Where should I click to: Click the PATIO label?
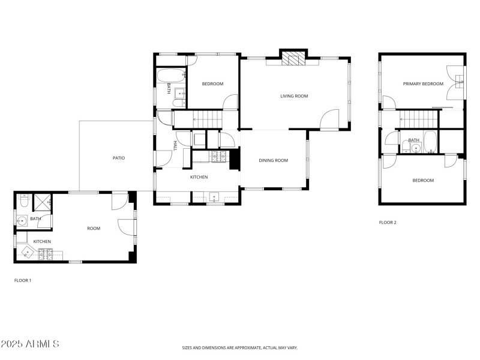(x=119, y=158)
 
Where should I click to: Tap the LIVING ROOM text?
(x=294, y=96)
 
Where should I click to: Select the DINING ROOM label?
(x=273, y=160)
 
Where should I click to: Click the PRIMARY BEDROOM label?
(x=423, y=84)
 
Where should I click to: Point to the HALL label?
(x=175, y=145)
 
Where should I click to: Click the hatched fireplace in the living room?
(x=294, y=58)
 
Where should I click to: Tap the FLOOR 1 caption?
(x=23, y=280)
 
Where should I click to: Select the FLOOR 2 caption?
(x=388, y=223)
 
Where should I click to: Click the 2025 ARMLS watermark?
(x=30, y=344)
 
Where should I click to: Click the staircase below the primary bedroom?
(x=418, y=119)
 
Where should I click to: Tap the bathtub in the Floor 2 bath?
(x=430, y=142)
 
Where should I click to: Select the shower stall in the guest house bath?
(x=42, y=202)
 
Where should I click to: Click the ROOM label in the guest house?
(x=94, y=228)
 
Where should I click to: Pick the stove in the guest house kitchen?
(x=46, y=254)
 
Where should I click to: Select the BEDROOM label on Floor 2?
(x=422, y=180)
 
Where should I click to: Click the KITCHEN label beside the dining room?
(x=199, y=177)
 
